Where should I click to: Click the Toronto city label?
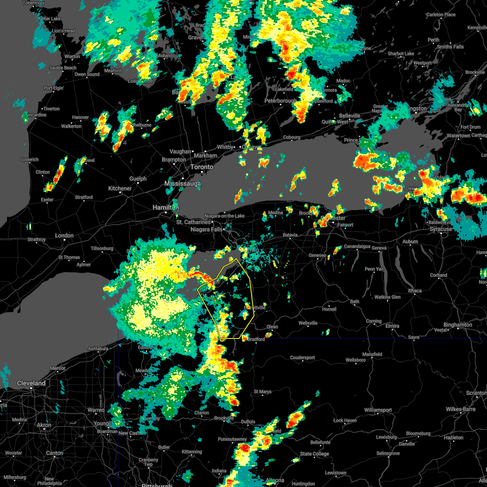click(x=202, y=167)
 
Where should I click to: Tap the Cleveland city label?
click(x=31, y=383)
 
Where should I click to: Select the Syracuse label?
click(x=441, y=229)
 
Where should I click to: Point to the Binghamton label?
click(x=458, y=325)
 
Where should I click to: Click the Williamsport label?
click(x=378, y=410)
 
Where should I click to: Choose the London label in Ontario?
click(x=64, y=235)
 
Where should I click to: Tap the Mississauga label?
click(x=183, y=184)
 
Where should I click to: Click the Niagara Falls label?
click(x=207, y=229)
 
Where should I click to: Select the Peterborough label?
click(x=280, y=101)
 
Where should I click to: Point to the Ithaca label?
click(x=415, y=291)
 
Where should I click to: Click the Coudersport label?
click(x=303, y=358)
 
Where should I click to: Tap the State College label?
click(x=315, y=454)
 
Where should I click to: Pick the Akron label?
click(x=44, y=425)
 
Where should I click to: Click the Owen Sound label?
click(x=87, y=74)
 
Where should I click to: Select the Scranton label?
click(x=476, y=393)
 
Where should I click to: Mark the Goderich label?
click(x=30, y=159)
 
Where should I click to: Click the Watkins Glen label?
click(x=388, y=297)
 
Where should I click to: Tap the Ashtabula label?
click(x=98, y=348)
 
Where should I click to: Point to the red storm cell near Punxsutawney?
click(x=244, y=448)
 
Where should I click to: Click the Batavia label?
click(x=290, y=235)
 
